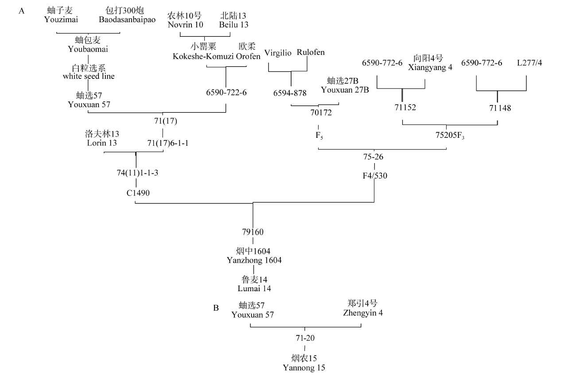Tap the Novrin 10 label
[x=186, y=24]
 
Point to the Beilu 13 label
[x=233, y=24]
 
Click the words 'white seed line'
[x=89, y=76]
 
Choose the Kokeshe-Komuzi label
[x=203, y=56]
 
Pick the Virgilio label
[x=278, y=53]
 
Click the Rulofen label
[x=311, y=53]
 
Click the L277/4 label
[x=529, y=63]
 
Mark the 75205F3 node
[x=446, y=136]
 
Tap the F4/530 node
[x=375, y=175]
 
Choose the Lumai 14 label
[x=254, y=288]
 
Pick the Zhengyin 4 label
[x=363, y=313]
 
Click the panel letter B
[x=216, y=307]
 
